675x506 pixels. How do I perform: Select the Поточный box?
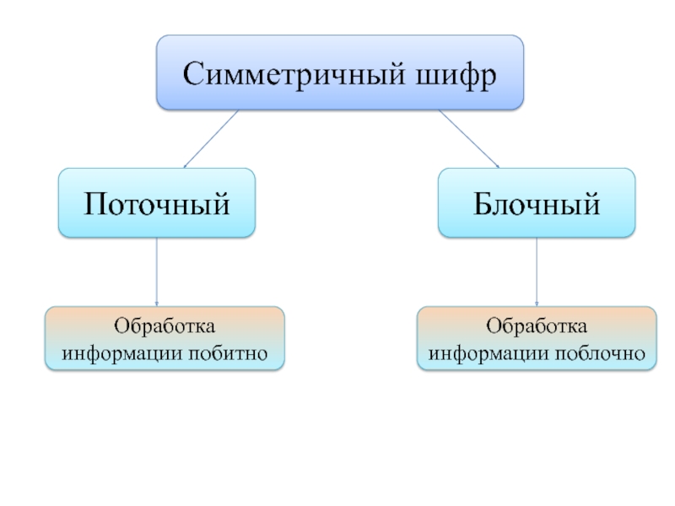[156, 202]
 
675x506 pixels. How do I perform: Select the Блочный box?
[537, 202]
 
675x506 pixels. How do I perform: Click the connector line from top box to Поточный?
[212, 139]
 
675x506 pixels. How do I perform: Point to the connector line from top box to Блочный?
[469, 139]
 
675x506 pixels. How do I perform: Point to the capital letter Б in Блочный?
[483, 203]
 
